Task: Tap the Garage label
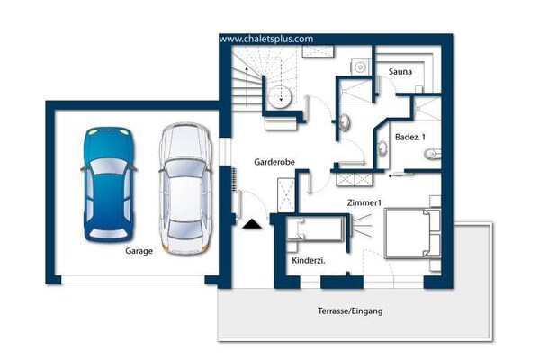point(139,252)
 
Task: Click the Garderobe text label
point(274,163)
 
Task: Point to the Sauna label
point(400,70)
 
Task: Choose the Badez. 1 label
point(411,137)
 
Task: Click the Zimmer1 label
point(365,203)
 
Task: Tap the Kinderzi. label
point(309,260)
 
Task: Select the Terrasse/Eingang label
point(349,310)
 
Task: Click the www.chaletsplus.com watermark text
point(265,39)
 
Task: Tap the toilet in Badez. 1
point(431,155)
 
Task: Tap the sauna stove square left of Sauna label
point(359,66)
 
